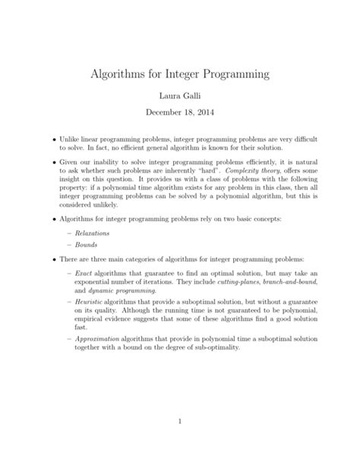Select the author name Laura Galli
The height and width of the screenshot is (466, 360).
coord(179,99)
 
